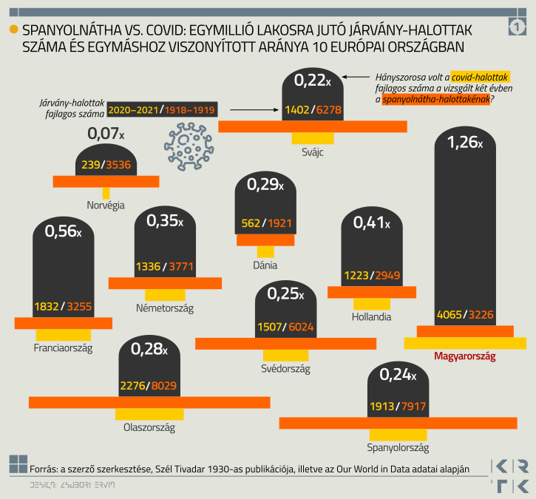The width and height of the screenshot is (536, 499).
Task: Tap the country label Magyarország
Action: [464, 356]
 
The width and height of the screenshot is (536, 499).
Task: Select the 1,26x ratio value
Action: [465, 142]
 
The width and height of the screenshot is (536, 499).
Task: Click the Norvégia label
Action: [105, 205]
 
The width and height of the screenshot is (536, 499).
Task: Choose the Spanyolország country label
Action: [397, 447]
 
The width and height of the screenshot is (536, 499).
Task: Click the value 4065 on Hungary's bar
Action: [450, 314]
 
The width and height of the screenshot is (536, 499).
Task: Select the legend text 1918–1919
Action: [190, 109]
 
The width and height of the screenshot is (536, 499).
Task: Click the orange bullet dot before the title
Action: [13, 30]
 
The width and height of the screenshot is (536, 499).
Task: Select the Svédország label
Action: [285, 368]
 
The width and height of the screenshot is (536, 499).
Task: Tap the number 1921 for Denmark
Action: [280, 223]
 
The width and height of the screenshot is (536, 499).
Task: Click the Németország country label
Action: [165, 308]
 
